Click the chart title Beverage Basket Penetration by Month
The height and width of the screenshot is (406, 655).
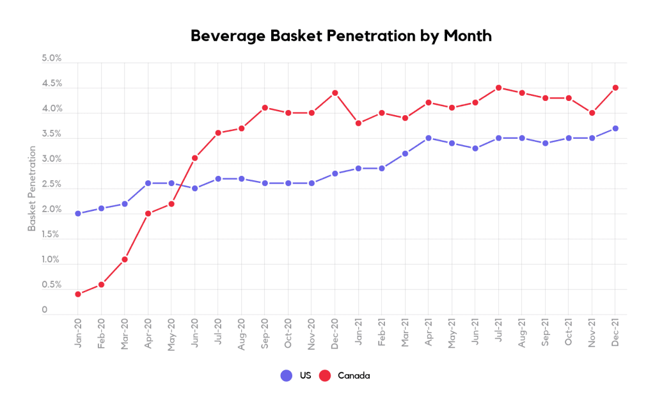pos(341,36)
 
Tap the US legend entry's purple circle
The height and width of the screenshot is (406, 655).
pos(287,376)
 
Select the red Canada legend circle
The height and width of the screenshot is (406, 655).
pos(325,376)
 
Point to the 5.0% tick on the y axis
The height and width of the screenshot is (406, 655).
pos(51,58)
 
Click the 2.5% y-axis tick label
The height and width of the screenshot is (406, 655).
pos(51,184)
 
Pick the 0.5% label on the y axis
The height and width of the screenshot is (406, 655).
pos(51,285)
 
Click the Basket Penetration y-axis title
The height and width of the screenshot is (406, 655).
pos(31,188)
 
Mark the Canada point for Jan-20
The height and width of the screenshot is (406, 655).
pos(78,294)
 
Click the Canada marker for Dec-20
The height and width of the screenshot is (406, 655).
pos(335,93)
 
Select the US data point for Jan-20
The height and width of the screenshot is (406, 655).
pos(78,214)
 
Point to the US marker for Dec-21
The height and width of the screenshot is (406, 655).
pos(615,129)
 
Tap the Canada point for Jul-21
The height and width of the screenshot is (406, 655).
pos(498,88)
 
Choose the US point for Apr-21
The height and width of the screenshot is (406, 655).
pos(428,138)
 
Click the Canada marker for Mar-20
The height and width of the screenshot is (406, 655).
pos(125,259)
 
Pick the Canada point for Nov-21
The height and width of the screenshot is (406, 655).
pos(592,113)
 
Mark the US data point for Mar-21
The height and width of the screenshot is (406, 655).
pos(405,153)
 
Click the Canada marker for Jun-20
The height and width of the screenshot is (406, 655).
pos(194,158)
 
